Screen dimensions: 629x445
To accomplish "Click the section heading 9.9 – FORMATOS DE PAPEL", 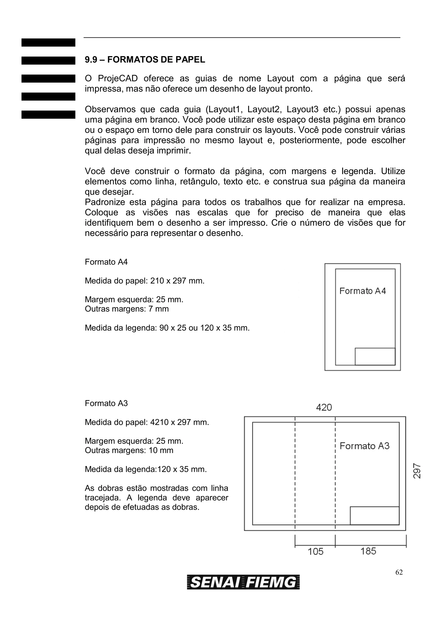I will tap(145, 59).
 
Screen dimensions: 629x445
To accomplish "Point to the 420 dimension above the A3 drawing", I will tap(324, 407).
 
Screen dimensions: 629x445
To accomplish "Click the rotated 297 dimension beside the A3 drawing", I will tap(417, 471).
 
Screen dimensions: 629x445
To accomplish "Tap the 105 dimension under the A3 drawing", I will tap(315, 551).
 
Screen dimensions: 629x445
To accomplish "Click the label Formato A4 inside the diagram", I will tap(362, 291).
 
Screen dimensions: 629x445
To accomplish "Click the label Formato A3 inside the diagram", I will tap(364, 446).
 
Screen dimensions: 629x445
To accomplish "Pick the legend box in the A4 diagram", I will tap(375, 356).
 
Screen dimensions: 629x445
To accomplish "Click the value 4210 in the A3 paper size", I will tap(159, 422).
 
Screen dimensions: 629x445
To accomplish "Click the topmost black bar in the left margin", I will tap(48, 43).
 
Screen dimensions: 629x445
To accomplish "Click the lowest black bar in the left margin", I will tap(48, 115).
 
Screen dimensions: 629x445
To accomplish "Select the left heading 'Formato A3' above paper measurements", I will tap(106, 403).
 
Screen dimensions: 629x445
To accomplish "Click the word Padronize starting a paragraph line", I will tap(105, 202).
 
